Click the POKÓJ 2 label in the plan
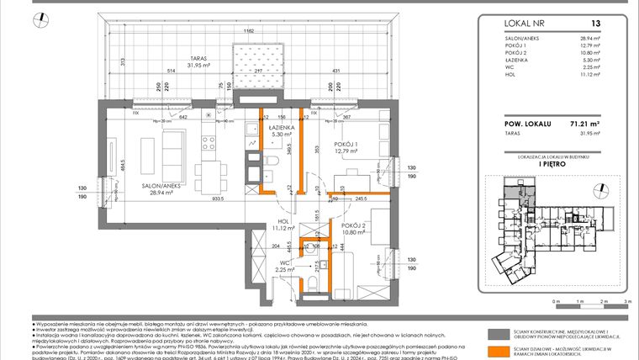tap(354, 226)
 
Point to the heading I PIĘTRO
tap(558, 165)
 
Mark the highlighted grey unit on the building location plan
tap(510, 196)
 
